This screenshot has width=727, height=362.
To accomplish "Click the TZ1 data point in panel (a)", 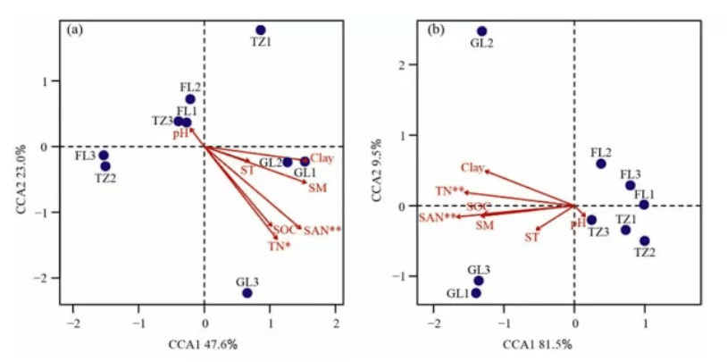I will [x=261, y=30].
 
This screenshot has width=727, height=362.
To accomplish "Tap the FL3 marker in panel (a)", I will [x=104, y=156].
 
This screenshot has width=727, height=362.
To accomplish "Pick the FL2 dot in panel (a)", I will [x=190, y=99].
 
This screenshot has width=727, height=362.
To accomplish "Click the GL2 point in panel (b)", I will [x=482, y=31].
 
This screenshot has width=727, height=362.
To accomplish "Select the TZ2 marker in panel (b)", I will [x=645, y=240].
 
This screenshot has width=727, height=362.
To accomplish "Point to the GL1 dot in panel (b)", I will [x=476, y=293].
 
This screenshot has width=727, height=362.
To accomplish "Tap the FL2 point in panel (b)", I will [x=601, y=164].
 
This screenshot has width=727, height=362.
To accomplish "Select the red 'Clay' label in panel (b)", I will [x=472, y=167].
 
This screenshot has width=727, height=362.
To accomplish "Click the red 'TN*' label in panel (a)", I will [x=280, y=246].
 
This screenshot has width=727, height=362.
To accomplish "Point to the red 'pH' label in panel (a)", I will [x=180, y=133].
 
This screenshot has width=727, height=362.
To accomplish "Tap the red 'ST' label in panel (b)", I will [x=531, y=237].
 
